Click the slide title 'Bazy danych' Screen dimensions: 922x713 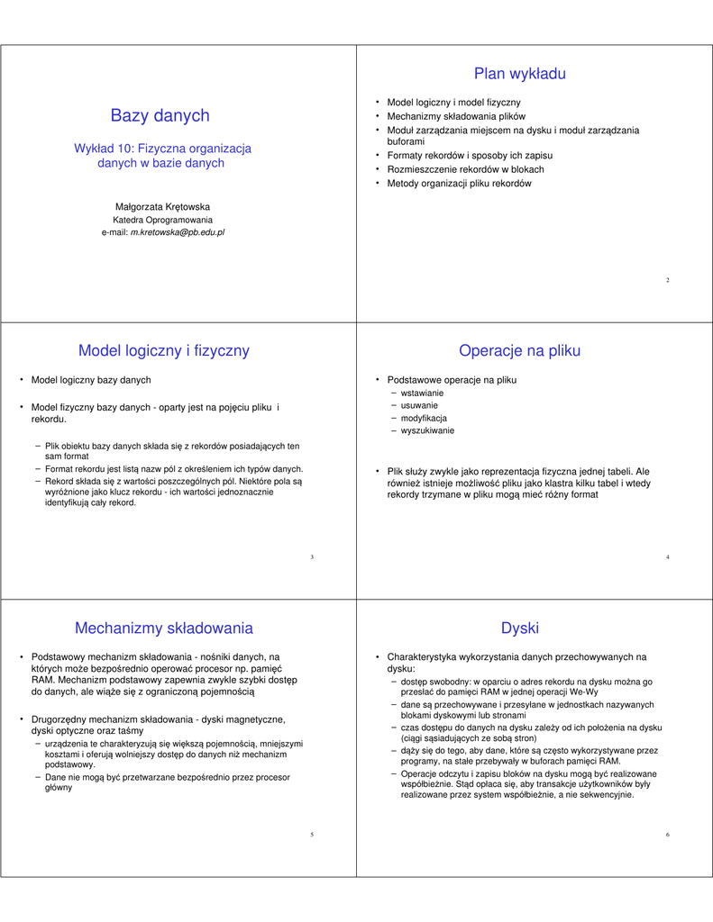160,115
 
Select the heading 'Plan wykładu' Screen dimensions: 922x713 519,74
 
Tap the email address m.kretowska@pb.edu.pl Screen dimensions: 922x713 178,232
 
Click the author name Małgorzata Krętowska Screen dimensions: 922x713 162,206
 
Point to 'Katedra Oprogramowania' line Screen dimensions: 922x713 162,220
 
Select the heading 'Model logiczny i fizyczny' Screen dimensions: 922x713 163,350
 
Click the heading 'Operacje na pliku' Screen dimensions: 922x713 519,350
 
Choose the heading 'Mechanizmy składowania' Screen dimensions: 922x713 163,628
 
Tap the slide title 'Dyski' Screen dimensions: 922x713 519,628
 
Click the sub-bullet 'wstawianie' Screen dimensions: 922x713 422,393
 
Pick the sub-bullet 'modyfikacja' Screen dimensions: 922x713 424,419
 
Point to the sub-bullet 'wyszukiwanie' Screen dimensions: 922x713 427,431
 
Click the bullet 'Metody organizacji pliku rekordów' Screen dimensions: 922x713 459,184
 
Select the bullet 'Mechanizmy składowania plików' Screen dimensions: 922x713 455,117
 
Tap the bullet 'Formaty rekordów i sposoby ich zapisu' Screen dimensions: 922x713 470,156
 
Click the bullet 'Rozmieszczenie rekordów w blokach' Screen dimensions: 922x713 465,169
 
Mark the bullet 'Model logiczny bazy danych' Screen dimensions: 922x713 91,380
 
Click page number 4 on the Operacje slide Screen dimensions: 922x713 667,558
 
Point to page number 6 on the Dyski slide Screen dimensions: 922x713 667,836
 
